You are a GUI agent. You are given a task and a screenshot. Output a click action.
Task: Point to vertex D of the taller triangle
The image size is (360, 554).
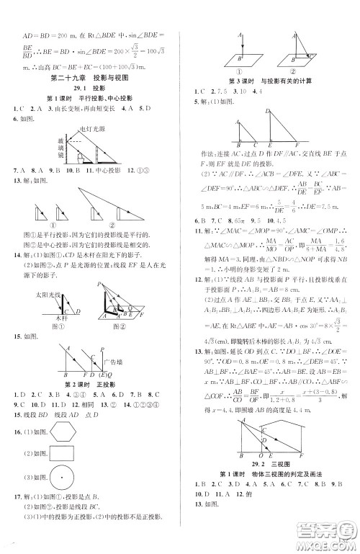[x=267, y=112]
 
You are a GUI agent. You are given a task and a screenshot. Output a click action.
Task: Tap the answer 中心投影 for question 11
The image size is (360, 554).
[x=100, y=190]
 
